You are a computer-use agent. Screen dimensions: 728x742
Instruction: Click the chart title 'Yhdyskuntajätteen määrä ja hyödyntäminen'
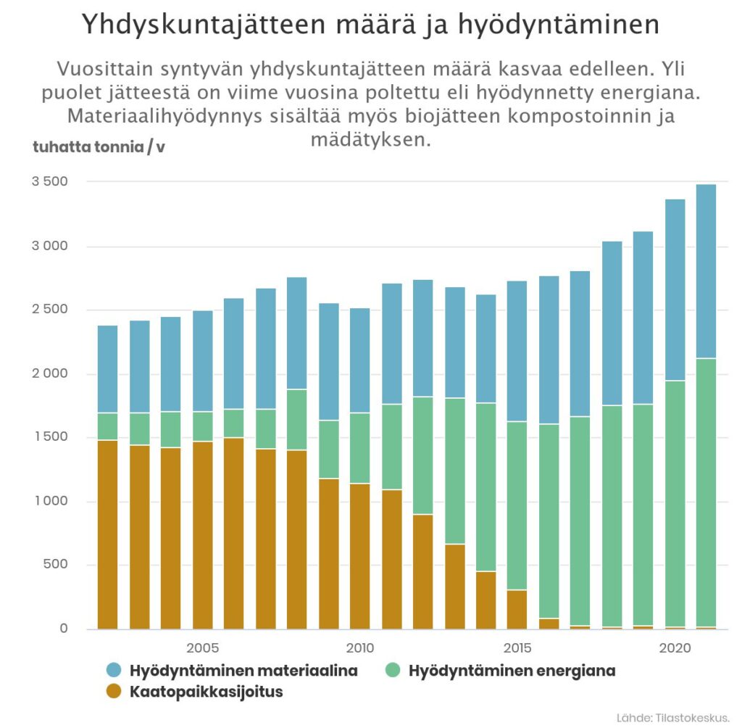point(370,26)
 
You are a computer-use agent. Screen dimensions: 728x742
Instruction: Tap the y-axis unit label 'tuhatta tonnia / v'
point(99,147)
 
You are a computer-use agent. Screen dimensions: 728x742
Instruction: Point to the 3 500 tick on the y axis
point(49,181)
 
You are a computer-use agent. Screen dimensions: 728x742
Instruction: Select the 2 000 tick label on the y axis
point(49,373)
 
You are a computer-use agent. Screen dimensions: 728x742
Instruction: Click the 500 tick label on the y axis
point(55,565)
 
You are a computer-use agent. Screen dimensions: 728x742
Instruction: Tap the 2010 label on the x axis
point(360,648)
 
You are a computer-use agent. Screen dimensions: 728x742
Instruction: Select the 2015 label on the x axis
point(517,648)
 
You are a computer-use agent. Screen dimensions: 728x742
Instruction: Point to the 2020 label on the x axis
point(675,648)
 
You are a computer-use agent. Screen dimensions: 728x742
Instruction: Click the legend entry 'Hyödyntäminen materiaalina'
point(243,671)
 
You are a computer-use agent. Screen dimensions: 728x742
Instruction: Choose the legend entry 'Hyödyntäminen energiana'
point(512,671)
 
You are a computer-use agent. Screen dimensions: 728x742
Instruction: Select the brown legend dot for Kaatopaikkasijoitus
point(114,692)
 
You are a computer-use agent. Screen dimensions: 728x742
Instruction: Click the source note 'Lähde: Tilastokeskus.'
point(672,717)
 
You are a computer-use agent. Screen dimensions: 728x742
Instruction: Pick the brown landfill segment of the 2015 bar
point(517,610)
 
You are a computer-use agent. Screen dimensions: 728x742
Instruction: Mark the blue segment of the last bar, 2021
point(706,271)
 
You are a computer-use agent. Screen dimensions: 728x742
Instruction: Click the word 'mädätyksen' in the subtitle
point(370,140)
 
